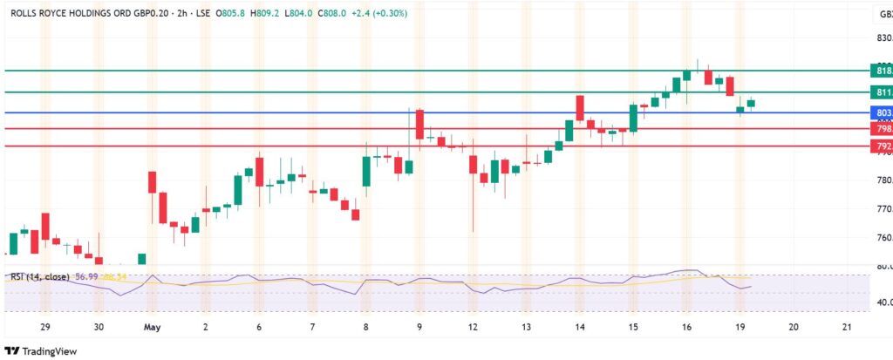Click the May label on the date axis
153,327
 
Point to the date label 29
44,327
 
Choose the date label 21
847,327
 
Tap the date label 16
687,327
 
